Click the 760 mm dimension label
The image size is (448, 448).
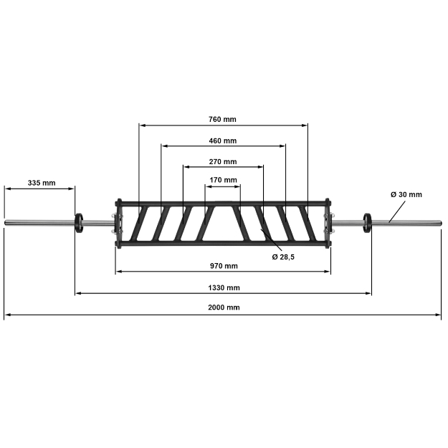coord(222,119)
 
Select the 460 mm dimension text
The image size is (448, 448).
coord(222,140)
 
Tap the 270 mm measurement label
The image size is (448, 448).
coord(222,161)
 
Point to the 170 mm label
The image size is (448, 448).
coord(223,180)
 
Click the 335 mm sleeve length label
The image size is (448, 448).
coord(42,183)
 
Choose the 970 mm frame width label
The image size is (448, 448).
coord(224,266)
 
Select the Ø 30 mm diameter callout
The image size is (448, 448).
coord(406,194)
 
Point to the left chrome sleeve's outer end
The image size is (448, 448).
coord(6,222)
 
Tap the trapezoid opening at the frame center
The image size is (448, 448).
coord(223,224)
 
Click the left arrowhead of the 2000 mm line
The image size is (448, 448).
coord(6,314)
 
